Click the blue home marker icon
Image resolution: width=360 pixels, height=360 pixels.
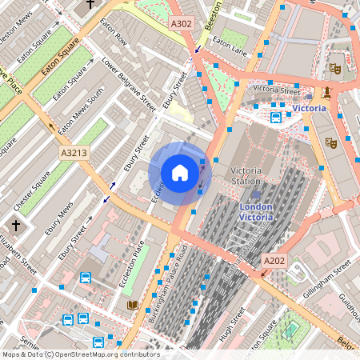coord(180,173)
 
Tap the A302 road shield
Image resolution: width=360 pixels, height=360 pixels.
coord(182,25)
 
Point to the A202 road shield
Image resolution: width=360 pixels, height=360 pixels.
coord(274,261)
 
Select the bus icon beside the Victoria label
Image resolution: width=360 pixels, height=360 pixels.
coord(276,118)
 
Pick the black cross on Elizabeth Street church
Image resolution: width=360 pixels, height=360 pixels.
coord(18,226)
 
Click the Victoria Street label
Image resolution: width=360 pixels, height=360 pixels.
coord(277,90)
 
